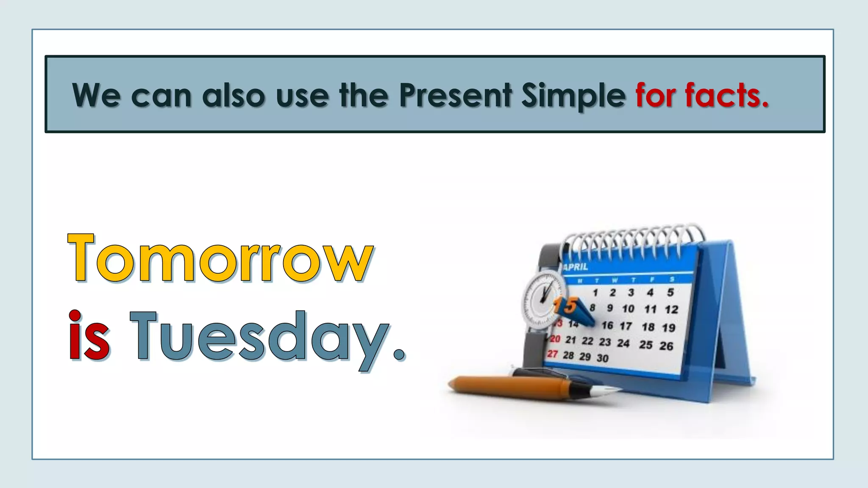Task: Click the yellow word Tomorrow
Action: point(220,258)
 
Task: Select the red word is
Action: point(89,335)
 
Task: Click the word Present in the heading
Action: point(456,95)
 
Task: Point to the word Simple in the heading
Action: point(573,96)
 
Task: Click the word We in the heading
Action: point(96,95)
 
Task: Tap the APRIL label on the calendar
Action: point(576,267)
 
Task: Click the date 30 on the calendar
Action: point(602,358)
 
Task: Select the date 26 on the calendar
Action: point(666,346)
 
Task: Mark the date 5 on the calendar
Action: point(670,292)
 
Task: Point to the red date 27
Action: point(552,354)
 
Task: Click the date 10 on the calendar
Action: point(628,309)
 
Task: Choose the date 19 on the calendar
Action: point(668,328)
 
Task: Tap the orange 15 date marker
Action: point(566,305)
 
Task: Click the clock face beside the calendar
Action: point(543,299)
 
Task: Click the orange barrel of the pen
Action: point(509,385)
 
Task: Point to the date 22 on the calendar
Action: point(587,341)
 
